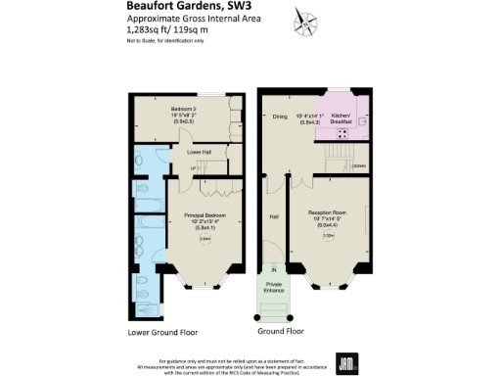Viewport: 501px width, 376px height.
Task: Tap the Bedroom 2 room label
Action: (x=184, y=108)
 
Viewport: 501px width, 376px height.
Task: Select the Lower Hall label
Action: (x=201, y=153)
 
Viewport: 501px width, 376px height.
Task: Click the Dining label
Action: (x=280, y=117)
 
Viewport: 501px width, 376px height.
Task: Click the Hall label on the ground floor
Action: (x=274, y=217)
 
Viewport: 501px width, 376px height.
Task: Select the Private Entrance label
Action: (x=274, y=287)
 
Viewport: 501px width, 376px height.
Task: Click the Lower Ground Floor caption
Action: (x=166, y=332)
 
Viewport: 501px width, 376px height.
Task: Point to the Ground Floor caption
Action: (x=278, y=332)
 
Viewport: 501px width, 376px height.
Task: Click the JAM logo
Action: (x=345, y=361)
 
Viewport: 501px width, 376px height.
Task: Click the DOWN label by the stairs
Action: (x=359, y=167)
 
